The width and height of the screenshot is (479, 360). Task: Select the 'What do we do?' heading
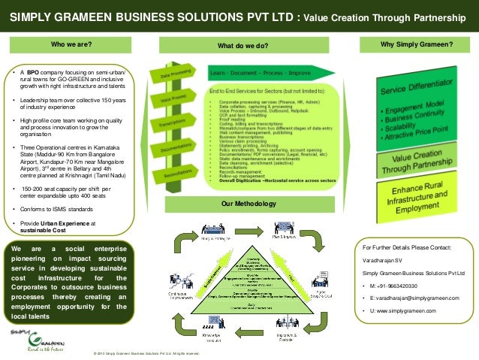242,46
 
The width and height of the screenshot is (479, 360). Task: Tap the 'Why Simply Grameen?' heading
417,44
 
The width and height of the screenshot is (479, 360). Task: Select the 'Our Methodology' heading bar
242,204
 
